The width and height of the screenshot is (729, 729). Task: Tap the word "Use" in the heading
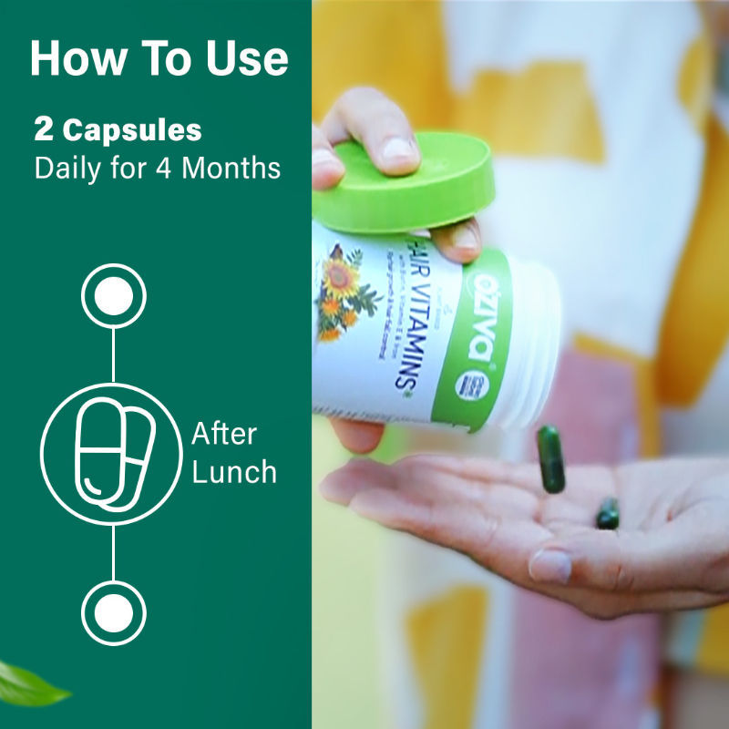[x=242, y=59]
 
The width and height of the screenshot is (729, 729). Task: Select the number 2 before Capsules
[x=43, y=130]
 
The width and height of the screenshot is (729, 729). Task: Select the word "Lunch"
[x=234, y=471]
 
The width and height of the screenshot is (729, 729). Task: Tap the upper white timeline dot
[x=113, y=295]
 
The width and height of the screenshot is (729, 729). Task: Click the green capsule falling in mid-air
[x=550, y=458]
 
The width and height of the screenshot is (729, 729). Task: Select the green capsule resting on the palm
[x=608, y=514]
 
